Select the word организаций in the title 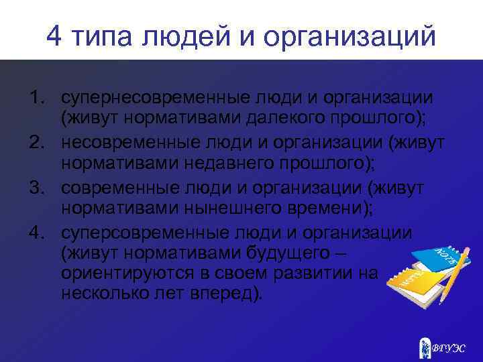pyautogui.click(x=350, y=38)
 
